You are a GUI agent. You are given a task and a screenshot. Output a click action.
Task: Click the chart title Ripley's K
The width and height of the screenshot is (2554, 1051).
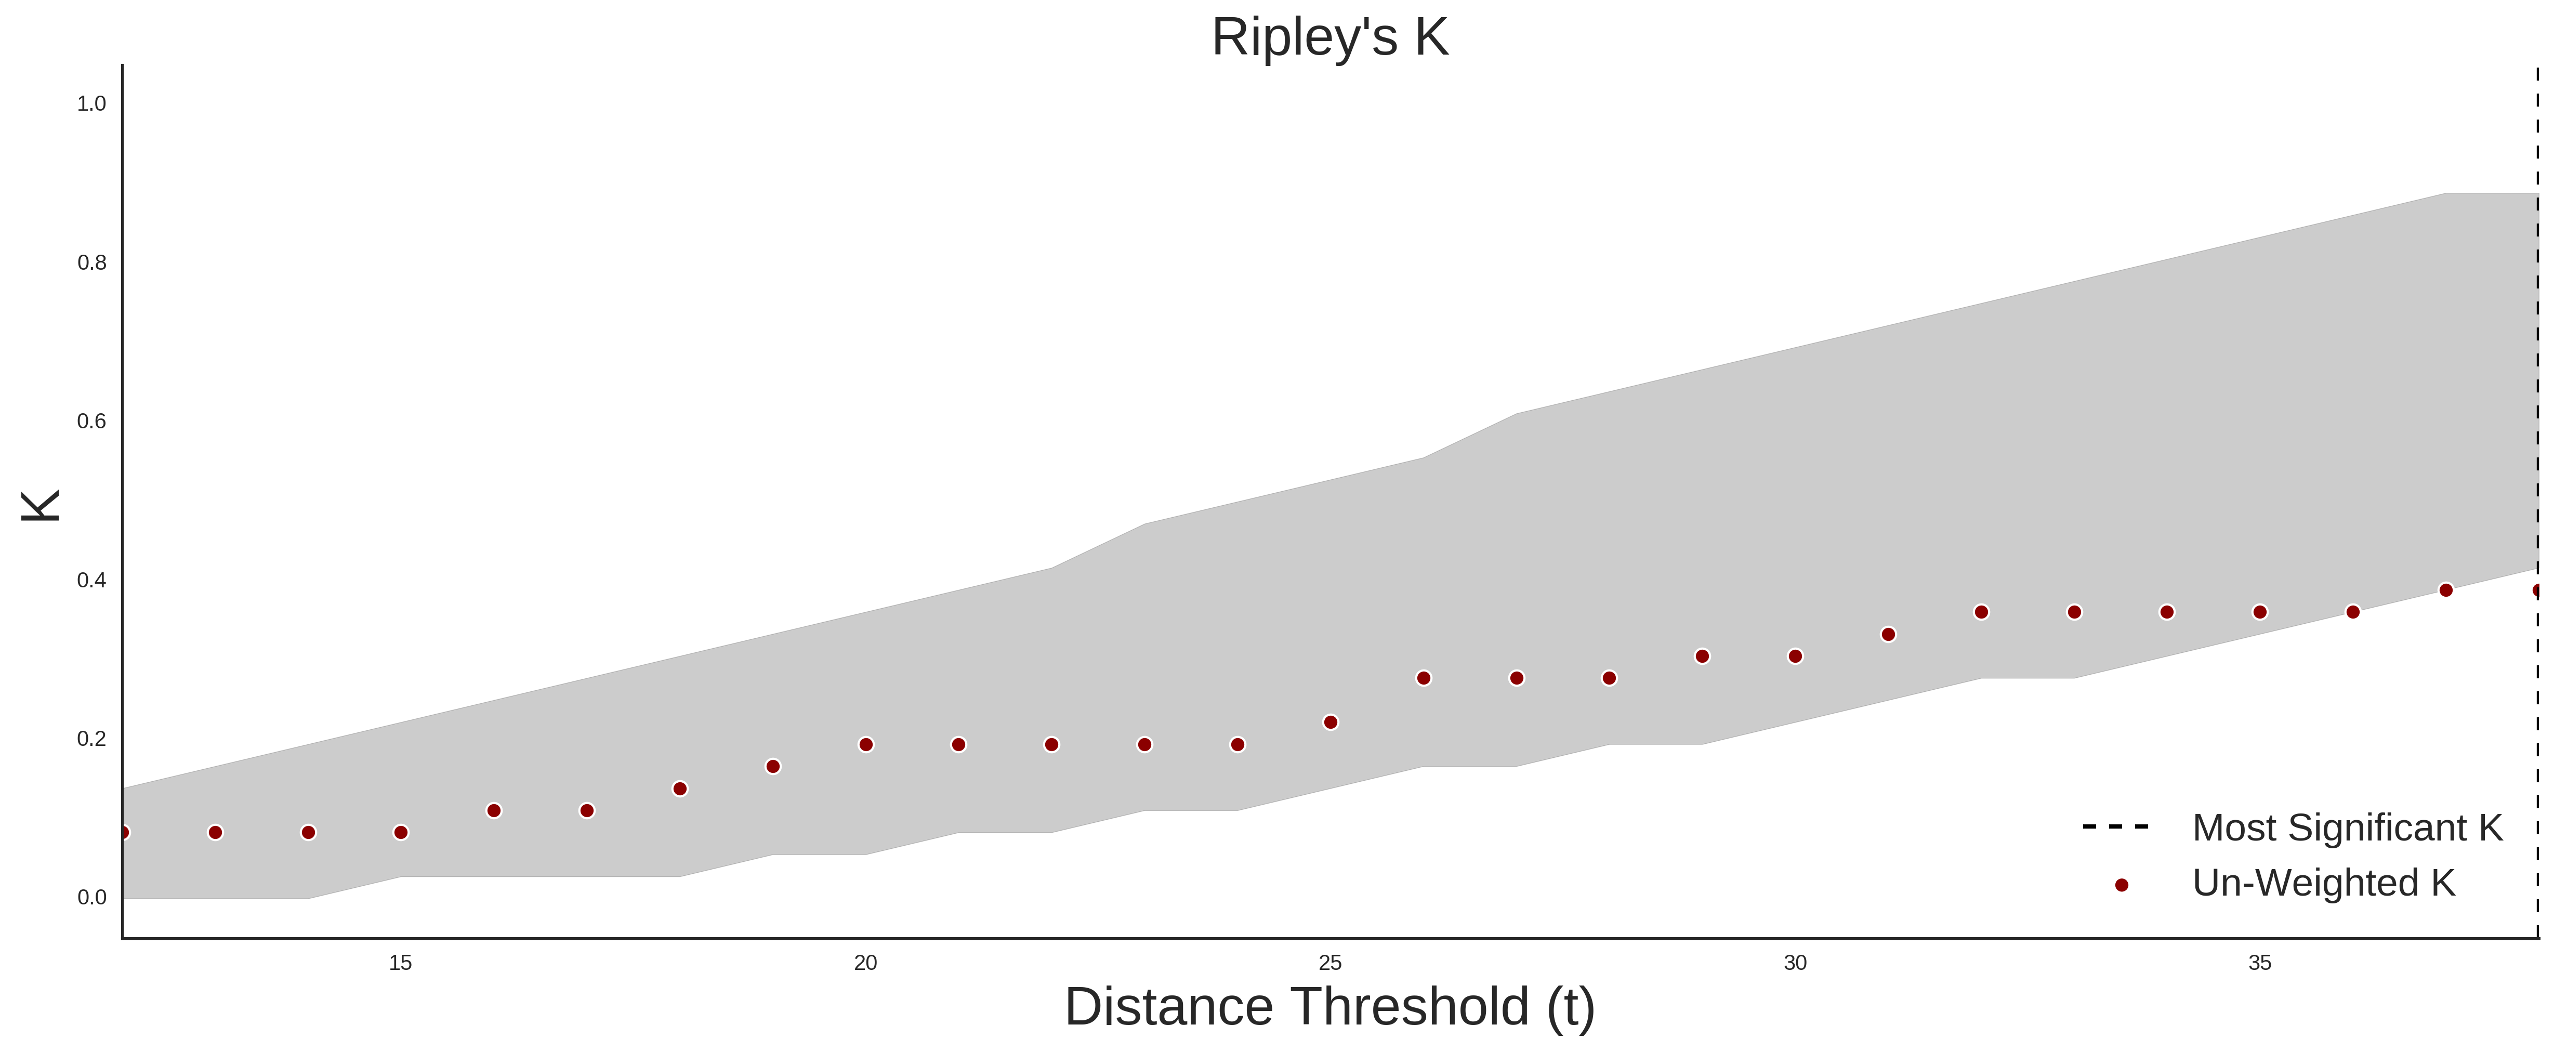(1329, 37)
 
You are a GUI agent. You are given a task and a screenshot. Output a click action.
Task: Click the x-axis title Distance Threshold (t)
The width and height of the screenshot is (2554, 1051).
(1329, 1007)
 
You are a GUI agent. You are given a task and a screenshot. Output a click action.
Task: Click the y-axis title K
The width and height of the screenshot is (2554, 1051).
(41, 506)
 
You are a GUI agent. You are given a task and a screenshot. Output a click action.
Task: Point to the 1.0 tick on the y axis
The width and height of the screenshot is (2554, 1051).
(91, 104)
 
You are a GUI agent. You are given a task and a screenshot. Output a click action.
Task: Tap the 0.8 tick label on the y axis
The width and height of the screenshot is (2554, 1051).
(91, 263)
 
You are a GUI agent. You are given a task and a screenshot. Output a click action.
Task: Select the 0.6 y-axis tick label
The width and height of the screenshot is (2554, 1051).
(91, 422)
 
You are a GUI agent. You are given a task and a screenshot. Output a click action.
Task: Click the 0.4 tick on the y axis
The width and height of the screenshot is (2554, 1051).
(91, 580)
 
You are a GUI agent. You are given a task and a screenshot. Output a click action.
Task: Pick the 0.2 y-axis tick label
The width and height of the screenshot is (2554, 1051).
(91, 739)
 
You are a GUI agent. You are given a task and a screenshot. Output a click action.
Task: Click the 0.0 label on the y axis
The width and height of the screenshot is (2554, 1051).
(91, 897)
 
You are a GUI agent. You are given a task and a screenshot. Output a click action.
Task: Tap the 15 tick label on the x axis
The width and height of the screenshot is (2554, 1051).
(401, 963)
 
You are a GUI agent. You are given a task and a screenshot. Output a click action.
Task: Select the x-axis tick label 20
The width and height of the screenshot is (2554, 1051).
(865, 963)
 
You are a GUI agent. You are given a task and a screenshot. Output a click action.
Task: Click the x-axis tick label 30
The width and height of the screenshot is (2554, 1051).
(1795, 963)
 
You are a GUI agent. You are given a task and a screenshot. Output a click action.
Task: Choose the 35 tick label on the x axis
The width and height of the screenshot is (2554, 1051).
(2259, 963)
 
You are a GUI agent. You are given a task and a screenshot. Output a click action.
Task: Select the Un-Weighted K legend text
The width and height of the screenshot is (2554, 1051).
(2324, 883)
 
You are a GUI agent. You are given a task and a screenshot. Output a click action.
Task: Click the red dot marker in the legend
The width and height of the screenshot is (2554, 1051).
(2121, 885)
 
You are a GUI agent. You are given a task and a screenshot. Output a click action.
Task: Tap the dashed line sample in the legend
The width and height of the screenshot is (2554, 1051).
(2116, 826)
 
